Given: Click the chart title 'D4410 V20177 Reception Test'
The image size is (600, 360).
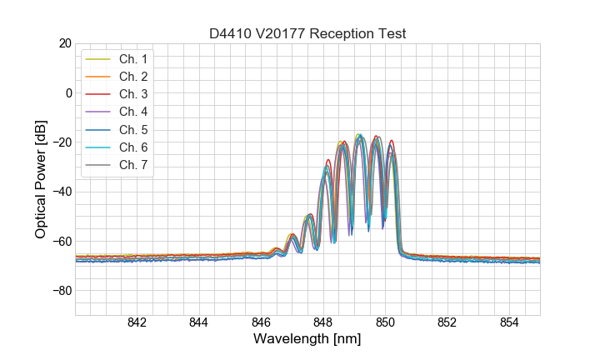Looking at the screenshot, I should pyautogui.click(x=307, y=33).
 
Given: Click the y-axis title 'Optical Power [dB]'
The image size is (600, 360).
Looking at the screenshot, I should pyautogui.click(x=41, y=179).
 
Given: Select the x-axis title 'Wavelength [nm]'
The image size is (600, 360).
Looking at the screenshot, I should pyautogui.click(x=307, y=340).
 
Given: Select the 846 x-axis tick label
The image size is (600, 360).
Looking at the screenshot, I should pyautogui.click(x=261, y=323).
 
